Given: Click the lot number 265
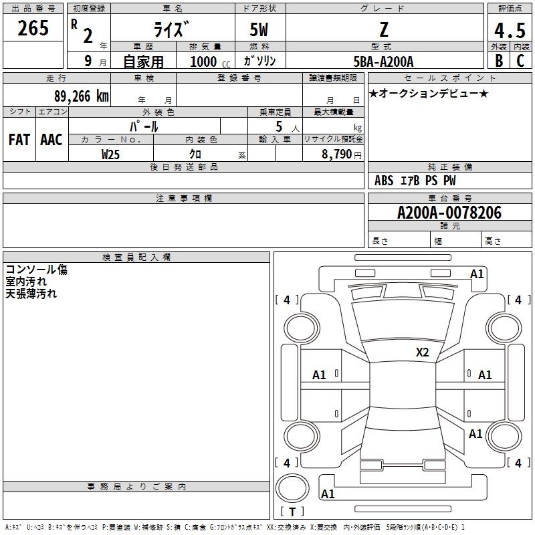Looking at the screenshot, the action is click(x=33, y=28).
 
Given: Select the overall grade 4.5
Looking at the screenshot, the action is click(x=510, y=31).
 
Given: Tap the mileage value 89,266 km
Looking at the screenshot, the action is click(x=81, y=96).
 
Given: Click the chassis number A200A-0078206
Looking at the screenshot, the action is click(x=449, y=213).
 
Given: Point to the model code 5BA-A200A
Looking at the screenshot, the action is click(x=383, y=62).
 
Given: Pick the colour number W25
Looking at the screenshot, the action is click(x=110, y=154).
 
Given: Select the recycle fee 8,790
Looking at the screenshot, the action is click(x=336, y=154).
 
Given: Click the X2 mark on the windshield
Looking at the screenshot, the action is click(x=422, y=352).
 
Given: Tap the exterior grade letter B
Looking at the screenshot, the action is click(x=499, y=61).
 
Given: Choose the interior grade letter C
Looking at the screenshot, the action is click(x=520, y=61).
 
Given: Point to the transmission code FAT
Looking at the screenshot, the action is click(x=19, y=140).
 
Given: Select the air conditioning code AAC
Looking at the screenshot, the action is click(x=51, y=140).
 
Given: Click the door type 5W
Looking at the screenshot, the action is click(x=259, y=29).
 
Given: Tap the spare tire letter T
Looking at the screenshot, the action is click(x=292, y=512).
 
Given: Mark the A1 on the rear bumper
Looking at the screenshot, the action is click(x=328, y=494).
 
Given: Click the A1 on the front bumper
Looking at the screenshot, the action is click(x=477, y=274).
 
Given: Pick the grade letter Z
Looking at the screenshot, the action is click(x=384, y=29).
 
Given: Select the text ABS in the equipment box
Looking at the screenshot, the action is click(x=384, y=181).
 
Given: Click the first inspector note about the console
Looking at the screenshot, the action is click(x=37, y=270).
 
